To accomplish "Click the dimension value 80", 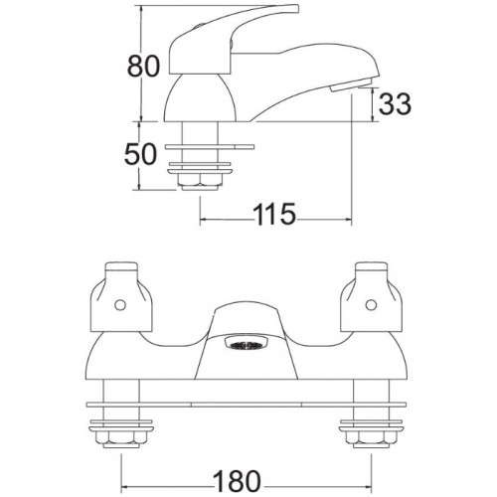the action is (143, 67).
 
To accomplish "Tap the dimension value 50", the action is (140, 154).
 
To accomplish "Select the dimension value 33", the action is (395, 103).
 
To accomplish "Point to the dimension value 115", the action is (274, 214).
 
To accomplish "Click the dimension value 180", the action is (237, 481).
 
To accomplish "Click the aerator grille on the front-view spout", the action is (245, 346).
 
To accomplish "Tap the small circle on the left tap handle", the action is (120, 305).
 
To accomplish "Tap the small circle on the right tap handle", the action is (371, 305).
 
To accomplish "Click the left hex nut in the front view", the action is (121, 440).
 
